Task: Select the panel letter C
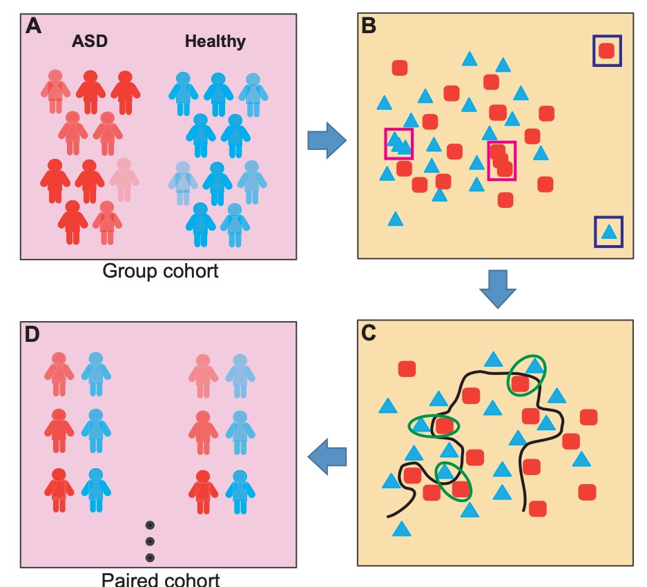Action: (369, 334)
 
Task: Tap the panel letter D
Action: (32, 335)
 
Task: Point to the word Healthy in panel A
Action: (215, 41)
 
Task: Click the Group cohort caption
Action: (160, 271)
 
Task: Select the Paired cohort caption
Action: (160, 579)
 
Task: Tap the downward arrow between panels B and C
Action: (497, 288)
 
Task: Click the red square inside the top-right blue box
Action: (606, 50)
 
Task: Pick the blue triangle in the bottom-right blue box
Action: (608, 232)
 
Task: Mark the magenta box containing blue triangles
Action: (398, 144)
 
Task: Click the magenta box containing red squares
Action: (501, 160)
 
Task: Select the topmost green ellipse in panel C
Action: (526, 374)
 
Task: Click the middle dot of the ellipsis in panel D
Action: (150, 541)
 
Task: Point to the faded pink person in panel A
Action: (124, 179)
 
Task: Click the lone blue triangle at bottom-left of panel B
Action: (395, 220)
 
